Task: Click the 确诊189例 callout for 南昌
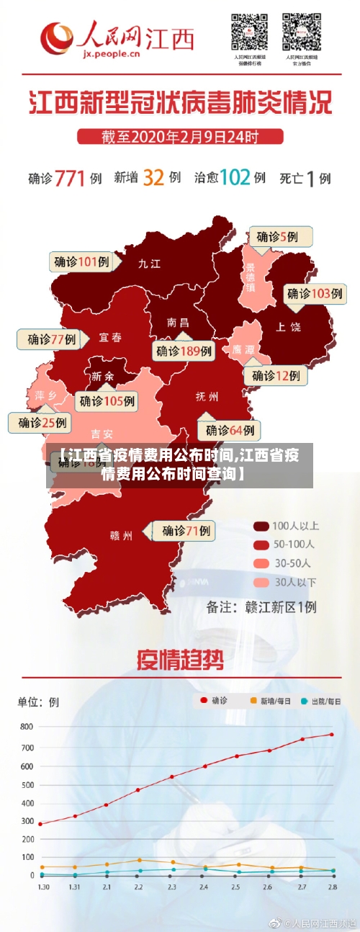click(x=184, y=351)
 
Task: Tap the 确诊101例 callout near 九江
click(x=81, y=261)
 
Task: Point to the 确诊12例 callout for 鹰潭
click(x=276, y=375)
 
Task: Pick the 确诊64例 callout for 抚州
click(x=230, y=430)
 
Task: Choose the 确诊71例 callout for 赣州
click(x=182, y=531)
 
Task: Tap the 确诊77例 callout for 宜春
click(x=52, y=339)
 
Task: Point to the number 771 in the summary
click(x=70, y=177)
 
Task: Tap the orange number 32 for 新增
click(x=153, y=177)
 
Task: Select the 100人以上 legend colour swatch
click(x=261, y=526)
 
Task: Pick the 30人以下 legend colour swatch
click(x=261, y=582)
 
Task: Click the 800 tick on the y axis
click(x=26, y=727)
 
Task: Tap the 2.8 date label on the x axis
click(x=332, y=887)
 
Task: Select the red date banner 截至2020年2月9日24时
click(x=179, y=136)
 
